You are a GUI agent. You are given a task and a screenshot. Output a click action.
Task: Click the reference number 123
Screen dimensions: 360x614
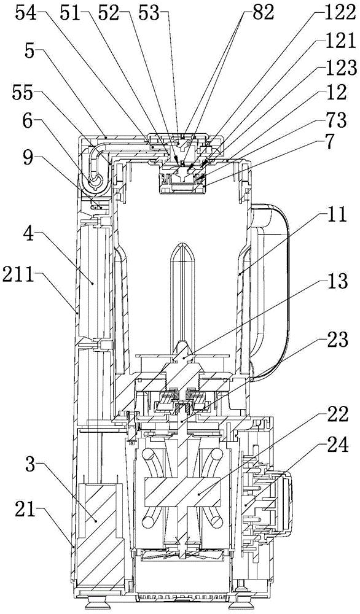tap(342, 69)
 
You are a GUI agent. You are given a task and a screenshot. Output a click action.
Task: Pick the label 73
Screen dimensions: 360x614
tap(337, 120)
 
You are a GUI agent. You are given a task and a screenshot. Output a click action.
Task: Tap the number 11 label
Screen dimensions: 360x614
tap(338, 215)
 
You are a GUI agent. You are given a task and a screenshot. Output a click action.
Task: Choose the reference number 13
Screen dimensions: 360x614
tap(338, 282)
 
